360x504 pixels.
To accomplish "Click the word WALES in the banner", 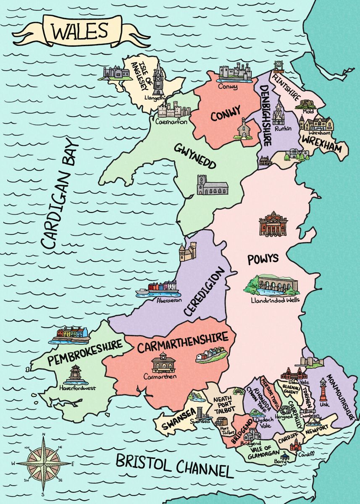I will (79, 31).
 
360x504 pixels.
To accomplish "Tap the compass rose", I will (43, 463).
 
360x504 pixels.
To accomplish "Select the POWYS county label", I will (263, 258).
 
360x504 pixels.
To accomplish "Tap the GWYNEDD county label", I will (196, 155).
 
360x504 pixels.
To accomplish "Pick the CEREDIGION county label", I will (205, 292).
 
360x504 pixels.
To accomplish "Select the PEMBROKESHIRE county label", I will (85, 352).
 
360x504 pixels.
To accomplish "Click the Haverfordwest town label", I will (78, 388).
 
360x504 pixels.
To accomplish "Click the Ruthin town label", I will (283, 129).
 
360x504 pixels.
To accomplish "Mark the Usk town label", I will (325, 404).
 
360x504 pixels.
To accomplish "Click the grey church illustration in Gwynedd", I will (212, 185).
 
